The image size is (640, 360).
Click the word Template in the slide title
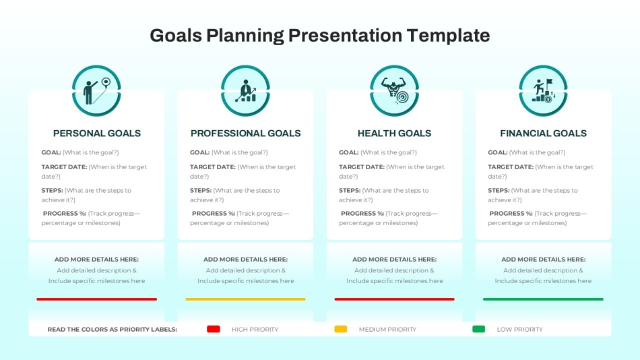coord(448,36)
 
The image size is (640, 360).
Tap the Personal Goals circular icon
coord(97,91)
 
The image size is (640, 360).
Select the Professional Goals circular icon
coord(245,91)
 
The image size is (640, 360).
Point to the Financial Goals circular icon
coord(543,91)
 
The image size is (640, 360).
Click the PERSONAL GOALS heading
coord(97,133)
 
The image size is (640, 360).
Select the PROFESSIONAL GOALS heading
coord(245,133)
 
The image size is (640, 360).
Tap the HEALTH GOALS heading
coord(394,133)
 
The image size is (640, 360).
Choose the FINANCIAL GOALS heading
coord(543,133)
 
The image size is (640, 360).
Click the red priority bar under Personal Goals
coord(97,299)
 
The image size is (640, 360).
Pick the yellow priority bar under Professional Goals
coord(245,299)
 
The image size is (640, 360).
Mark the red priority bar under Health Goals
coord(394,299)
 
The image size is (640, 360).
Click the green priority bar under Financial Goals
coord(543,299)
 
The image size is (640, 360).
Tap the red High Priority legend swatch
coord(214,329)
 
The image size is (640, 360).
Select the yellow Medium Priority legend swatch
coord(341,329)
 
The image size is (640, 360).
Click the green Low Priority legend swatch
coord(479,329)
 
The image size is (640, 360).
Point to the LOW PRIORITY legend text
coord(519,330)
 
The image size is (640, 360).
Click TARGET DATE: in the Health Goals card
coord(362,167)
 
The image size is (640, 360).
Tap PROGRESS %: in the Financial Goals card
coord(511,213)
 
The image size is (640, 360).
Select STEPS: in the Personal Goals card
coord(53,190)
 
